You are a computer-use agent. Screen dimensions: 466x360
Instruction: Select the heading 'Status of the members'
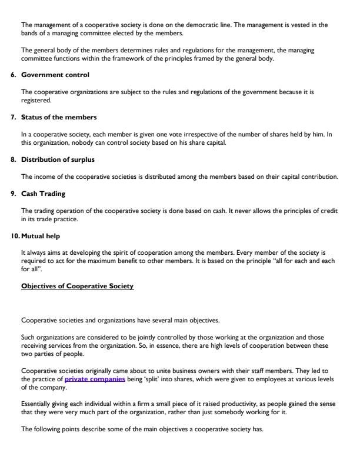tap(55, 118)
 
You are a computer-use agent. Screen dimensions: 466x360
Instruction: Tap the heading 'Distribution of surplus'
tap(58, 159)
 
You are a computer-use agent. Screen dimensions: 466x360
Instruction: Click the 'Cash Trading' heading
tap(43, 194)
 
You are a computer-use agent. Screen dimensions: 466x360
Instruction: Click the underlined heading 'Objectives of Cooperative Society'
tap(77, 286)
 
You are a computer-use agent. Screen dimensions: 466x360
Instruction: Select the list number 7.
tap(15, 118)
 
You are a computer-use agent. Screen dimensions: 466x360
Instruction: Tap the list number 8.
tap(15, 159)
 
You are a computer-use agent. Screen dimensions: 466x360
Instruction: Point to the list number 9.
tap(15, 194)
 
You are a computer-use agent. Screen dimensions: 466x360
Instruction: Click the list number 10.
tap(15, 235)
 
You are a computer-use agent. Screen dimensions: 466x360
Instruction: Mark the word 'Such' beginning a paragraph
tap(28, 338)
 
